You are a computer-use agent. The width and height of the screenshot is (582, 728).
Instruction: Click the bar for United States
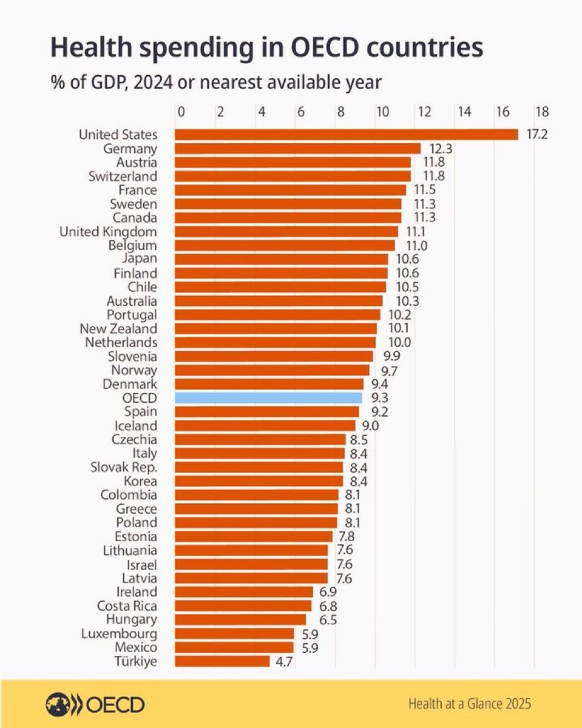coord(346,134)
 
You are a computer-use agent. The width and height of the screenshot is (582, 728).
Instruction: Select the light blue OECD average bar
coord(268,398)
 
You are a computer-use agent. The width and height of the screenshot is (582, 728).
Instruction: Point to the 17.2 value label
coord(537,134)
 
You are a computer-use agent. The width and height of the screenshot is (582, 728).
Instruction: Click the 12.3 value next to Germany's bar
coord(441,149)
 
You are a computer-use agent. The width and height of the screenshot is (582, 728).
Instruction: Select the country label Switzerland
coord(123,177)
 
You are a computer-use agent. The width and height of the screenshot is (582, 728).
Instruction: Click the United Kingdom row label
coord(108,232)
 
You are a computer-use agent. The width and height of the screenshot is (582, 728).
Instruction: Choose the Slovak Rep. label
coord(124,468)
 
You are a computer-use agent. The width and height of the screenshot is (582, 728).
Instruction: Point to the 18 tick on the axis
coord(542,112)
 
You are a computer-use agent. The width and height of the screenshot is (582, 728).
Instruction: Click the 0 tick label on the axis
coord(181,112)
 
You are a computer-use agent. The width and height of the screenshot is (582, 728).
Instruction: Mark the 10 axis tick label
coord(382,112)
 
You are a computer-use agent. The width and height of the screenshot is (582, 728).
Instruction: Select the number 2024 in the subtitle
coord(153,83)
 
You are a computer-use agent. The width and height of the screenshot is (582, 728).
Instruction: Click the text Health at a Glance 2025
coord(470,704)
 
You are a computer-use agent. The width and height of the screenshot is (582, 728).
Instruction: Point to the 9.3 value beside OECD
coord(380,398)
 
